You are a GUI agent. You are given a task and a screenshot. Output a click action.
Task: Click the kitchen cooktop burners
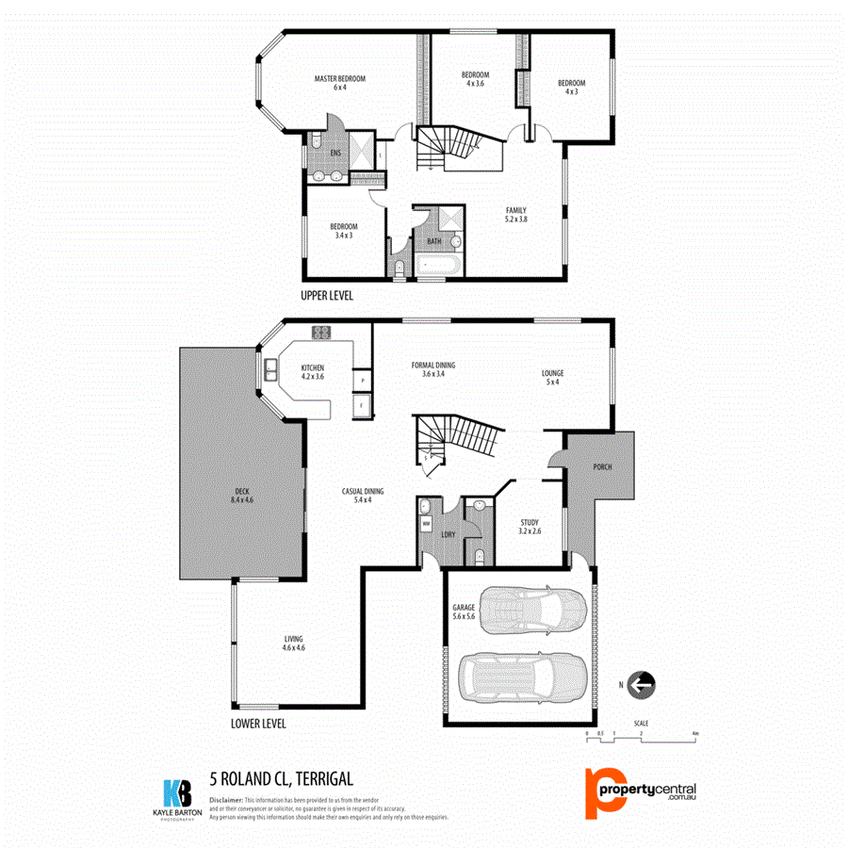point(321,332)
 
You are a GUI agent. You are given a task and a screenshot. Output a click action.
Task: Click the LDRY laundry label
point(449,535)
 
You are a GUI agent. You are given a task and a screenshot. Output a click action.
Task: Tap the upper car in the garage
point(532,613)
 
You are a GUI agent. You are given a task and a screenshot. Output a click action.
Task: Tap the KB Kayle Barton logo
point(178,797)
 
